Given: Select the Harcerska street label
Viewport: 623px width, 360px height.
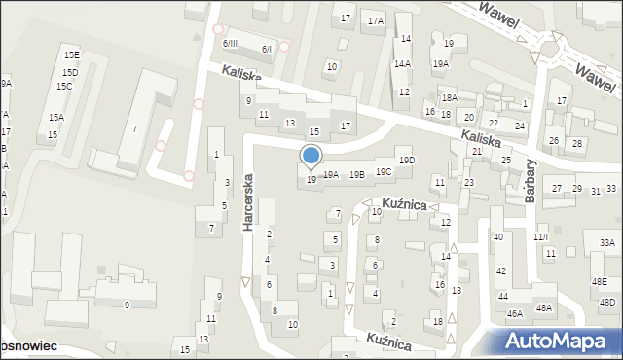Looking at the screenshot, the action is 249,201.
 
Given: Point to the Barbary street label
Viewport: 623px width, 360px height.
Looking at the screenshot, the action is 531,181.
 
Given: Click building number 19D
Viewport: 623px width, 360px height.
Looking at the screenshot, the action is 407,161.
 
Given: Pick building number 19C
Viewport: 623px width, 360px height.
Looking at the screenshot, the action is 384,172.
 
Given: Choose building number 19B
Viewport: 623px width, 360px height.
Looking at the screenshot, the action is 357,175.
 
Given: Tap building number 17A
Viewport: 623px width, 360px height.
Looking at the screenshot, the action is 376,20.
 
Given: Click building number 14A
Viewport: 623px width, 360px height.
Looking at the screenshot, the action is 402,63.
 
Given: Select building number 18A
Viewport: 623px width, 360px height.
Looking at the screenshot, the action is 449,97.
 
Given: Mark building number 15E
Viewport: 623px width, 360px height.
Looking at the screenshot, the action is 72,55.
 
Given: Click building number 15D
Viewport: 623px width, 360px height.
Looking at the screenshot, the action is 69,73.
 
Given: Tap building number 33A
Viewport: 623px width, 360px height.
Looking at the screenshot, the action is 606,242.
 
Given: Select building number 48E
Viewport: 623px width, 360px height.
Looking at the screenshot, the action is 599,282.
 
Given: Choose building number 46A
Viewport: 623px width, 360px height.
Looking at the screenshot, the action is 515,313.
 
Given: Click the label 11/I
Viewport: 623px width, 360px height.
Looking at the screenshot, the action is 541,237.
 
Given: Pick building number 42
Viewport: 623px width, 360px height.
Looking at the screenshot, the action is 501,271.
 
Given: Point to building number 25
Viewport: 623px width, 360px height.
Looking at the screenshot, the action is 506,160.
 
